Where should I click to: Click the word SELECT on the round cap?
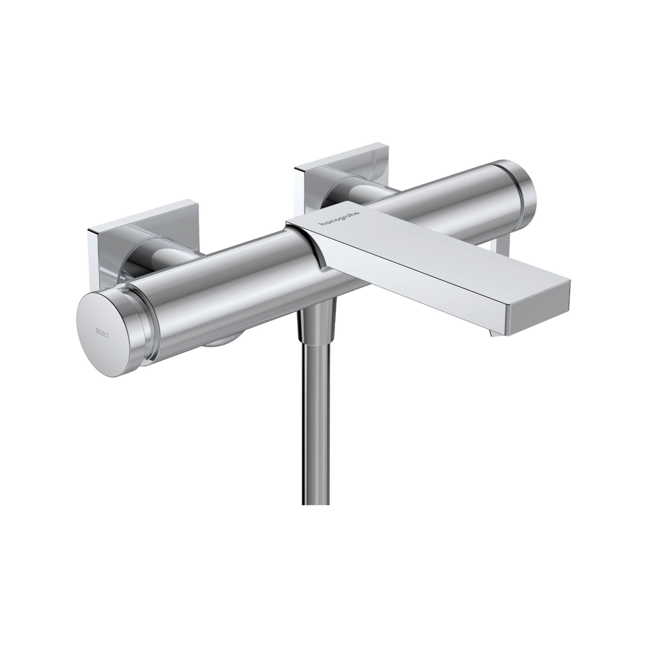coord(102,333)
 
